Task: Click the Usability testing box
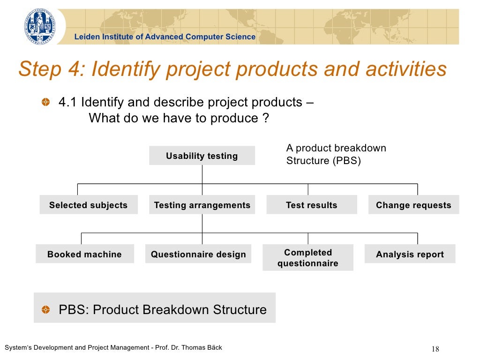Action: [202, 156]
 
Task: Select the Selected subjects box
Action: [89, 205]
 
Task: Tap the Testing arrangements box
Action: [202, 205]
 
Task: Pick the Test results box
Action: [312, 205]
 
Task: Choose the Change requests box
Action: [413, 205]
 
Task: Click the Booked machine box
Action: [84, 254]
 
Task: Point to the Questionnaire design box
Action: [198, 254]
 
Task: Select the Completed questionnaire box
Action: [308, 258]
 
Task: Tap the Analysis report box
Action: [410, 254]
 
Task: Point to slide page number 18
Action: [435, 349]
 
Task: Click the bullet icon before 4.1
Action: [45, 102]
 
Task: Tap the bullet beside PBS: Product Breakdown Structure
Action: [45, 310]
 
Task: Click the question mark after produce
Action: [266, 118]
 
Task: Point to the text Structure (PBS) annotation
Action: [323, 161]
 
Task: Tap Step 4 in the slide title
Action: [49, 69]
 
